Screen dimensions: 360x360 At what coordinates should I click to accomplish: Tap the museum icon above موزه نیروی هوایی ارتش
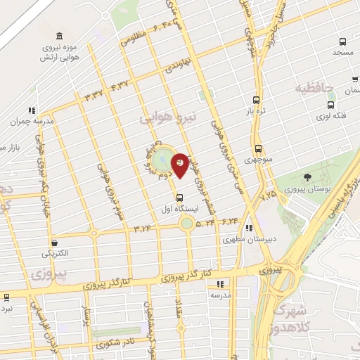point(58,36)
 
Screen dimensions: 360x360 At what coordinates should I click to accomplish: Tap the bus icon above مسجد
point(342,42)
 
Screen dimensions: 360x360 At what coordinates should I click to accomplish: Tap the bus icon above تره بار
point(256,100)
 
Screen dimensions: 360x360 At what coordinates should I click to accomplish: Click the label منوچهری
point(258,160)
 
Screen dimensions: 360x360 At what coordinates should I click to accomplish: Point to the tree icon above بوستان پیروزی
point(307,176)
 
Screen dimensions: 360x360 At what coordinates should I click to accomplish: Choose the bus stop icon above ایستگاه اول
point(180,198)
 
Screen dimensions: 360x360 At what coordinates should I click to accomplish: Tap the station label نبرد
point(6,307)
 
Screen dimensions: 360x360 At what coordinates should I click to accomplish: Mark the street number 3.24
point(143,229)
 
